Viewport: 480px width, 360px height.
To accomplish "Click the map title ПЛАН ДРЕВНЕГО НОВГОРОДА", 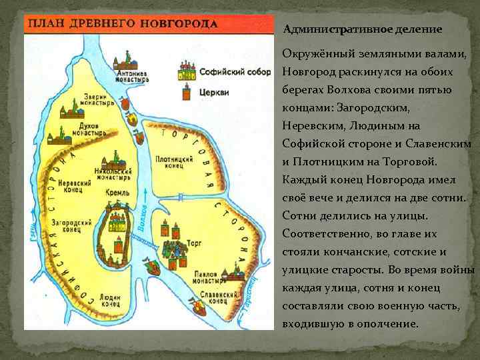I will coord(122,24).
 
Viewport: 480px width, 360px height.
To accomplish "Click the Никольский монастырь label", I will coord(113,175).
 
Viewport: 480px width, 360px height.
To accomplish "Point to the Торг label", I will coord(193,245).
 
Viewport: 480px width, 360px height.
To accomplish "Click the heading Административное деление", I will coord(363,29).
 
